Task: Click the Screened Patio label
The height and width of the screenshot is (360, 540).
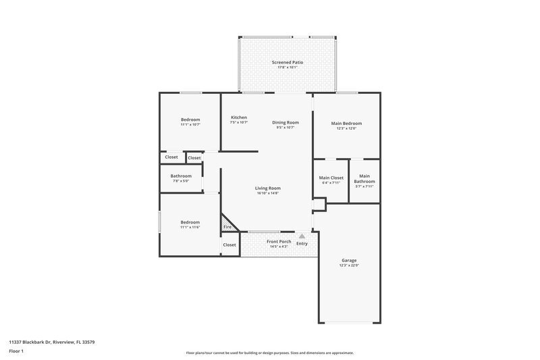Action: click(287, 62)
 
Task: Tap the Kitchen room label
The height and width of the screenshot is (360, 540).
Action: click(239, 117)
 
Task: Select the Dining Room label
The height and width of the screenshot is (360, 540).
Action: click(286, 122)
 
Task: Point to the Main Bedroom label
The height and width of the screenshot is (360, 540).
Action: click(346, 124)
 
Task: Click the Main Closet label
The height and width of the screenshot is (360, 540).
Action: click(331, 178)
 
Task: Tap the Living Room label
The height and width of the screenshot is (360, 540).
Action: click(268, 188)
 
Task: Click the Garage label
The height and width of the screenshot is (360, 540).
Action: click(349, 260)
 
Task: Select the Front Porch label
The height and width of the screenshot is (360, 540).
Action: click(278, 241)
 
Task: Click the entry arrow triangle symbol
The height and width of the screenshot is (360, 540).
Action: click(302, 236)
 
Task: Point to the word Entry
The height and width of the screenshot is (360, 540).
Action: click(302, 244)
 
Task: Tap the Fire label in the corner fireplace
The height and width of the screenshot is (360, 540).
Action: click(227, 227)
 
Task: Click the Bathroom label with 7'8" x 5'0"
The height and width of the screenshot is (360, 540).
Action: click(181, 176)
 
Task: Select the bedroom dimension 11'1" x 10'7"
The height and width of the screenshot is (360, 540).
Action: click(190, 125)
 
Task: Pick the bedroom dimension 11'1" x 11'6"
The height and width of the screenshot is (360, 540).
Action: click(190, 228)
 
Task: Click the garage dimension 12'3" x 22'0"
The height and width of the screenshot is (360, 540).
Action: click(349, 265)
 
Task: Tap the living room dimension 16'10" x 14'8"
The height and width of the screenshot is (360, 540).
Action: click(268, 193)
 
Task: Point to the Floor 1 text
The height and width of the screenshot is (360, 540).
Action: click(16, 351)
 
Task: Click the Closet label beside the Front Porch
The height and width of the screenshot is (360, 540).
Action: click(230, 245)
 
